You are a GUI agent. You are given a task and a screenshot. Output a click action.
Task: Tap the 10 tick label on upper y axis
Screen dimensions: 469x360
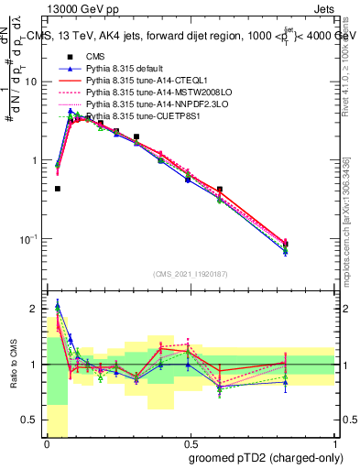pyautogui.click(x=32, y=82)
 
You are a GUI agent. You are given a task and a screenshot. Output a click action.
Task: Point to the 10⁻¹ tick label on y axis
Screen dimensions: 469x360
pyautogui.click(x=30, y=239)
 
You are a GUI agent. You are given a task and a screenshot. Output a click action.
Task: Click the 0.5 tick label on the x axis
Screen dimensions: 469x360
pyautogui.click(x=191, y=443)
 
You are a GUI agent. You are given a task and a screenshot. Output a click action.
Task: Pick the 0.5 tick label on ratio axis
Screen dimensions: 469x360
pyautogui.click(x=32, y=420)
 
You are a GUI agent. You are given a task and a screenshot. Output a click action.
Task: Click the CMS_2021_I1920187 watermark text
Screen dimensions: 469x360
pyautogui.click(x=191, y=275)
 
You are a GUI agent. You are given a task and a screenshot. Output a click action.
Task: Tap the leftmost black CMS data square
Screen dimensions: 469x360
pyautogui.click(x=57, y=189)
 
